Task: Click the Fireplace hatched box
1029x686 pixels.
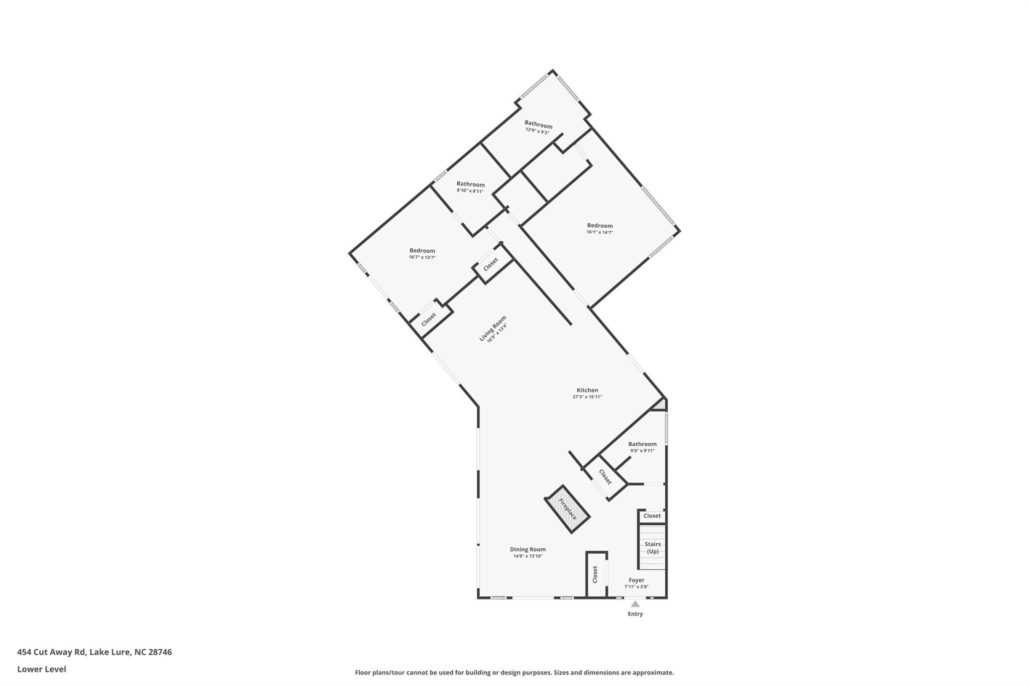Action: [x=567, y=509]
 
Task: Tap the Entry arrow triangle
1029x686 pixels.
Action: [x=635, y=604]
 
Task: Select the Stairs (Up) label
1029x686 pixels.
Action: [x=653, y=548]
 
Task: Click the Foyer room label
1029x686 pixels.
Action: [x=636, y=580]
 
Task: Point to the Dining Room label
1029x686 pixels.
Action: [x=528, y=549]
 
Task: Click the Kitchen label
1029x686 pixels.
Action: [x=587, y=390]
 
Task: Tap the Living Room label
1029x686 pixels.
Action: [x=492, y=328]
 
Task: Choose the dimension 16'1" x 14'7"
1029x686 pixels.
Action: [x=600, y=232]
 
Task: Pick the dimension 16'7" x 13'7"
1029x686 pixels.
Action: [x=422, y=257]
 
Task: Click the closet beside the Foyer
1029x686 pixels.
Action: [x=596, y=575]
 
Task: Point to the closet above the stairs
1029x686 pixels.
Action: [x=652, y=516]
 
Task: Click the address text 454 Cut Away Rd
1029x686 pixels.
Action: [x=52, y=652]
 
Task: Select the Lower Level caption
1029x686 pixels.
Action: [x=42, y=669]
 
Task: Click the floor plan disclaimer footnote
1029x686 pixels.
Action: [x=514, y=672]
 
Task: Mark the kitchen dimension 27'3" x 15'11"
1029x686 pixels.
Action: [x=587, y=397]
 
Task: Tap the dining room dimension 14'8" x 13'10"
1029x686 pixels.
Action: [x=528, y=556]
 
